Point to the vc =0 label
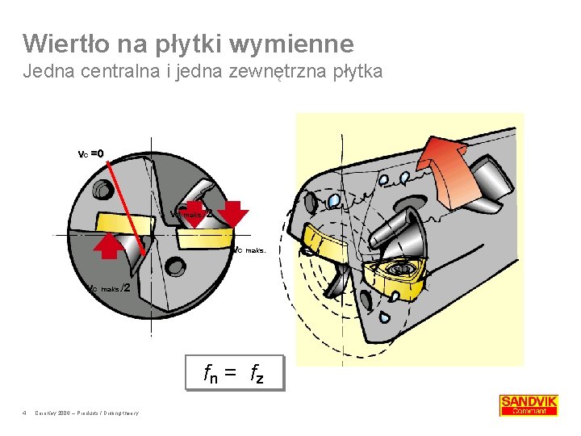pos(90,153)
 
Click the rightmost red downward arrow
pos(233,213)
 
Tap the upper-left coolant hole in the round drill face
pos(103,191)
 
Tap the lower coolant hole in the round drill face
pos(174,264)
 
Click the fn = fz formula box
pos(234,373)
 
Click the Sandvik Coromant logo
pos(529,405)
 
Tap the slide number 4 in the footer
pos(26,413)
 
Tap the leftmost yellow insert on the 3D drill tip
pos(324,244)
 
